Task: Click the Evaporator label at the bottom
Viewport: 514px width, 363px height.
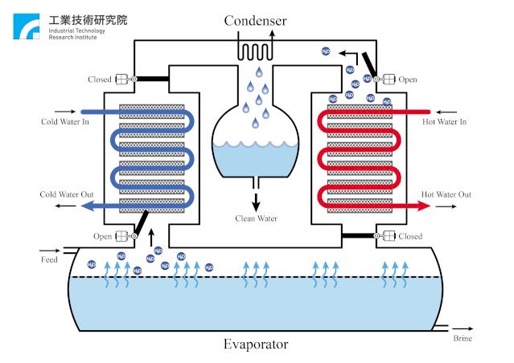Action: coord(257,345)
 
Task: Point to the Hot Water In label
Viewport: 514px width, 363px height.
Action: coord(446,121)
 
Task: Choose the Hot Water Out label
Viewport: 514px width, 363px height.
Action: coord(446,194)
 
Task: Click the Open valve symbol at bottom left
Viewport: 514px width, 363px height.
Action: coord(125,236)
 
